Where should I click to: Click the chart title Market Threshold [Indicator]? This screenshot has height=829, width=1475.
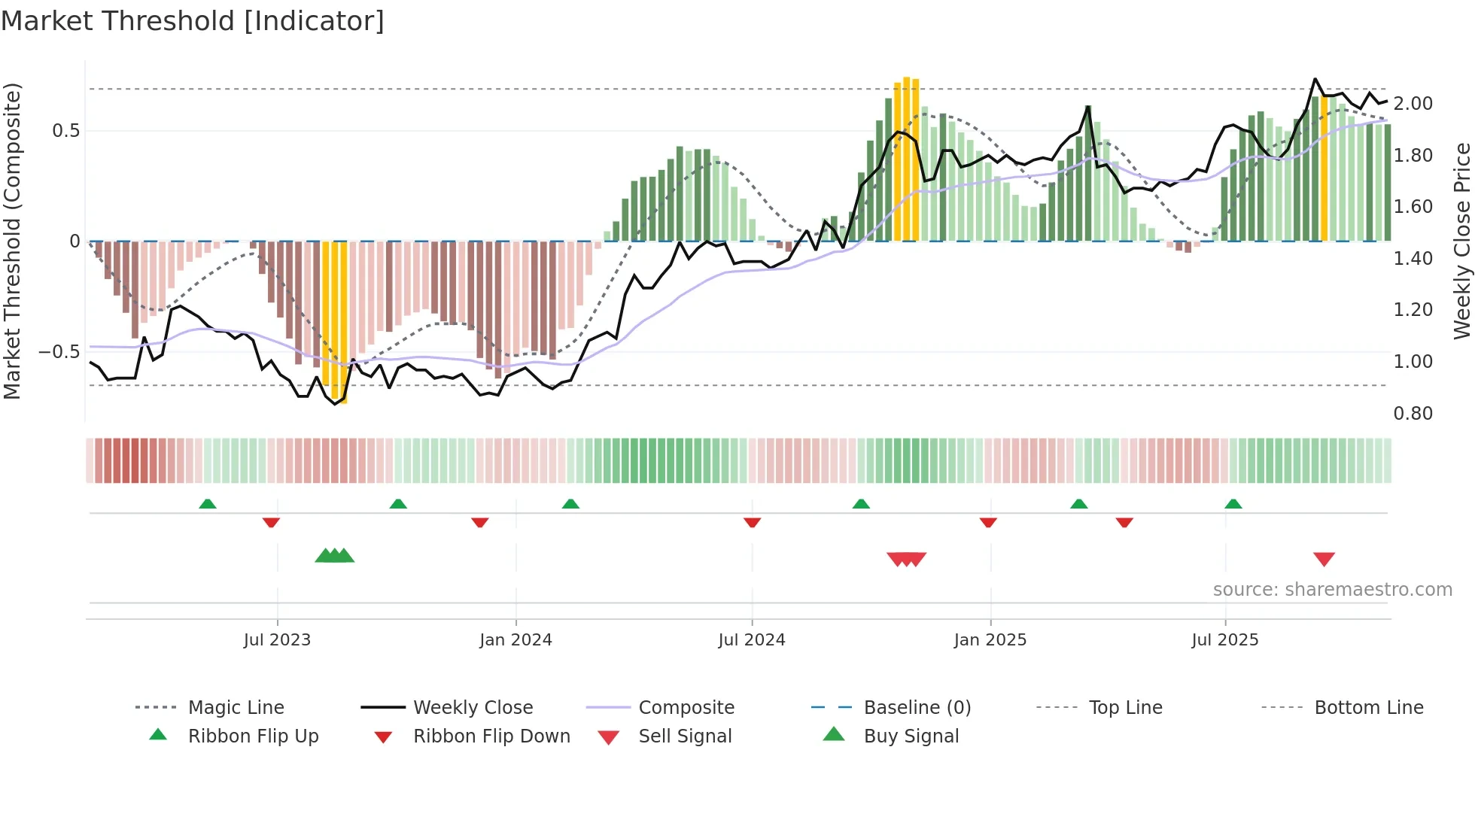tap(193, 21)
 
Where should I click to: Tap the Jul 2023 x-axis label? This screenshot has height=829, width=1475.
tap(277, 640)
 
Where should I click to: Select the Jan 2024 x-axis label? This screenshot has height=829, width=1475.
tap(515, 640)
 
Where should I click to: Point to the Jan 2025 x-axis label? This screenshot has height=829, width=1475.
tap(990, 640)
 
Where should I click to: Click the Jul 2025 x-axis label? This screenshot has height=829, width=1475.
tap(1224, 640)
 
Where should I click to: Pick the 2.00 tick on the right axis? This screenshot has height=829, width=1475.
tap(1413, 104)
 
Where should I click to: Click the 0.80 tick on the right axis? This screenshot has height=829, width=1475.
tap(1413, 414)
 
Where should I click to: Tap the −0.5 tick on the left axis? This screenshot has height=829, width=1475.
tap(59, 352)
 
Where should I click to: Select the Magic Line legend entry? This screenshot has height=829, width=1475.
tap(236, 708)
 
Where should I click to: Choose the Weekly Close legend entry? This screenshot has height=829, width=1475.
tap(473, 708)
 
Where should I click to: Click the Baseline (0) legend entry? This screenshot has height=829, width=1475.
tap(917, 708)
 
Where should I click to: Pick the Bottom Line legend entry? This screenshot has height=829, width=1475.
tap(1368, 708)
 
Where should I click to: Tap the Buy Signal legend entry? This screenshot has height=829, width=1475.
tap(911, 736)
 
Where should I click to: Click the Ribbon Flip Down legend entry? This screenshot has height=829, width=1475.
tap(491, 736)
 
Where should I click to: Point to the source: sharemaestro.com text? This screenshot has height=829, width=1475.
tap(1332, 590)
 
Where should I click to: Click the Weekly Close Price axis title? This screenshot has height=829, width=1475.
tap(1461, 241)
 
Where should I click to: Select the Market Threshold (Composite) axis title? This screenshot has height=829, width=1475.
tap(12, 241)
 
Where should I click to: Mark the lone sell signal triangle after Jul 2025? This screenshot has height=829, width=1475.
tap(1324, 559)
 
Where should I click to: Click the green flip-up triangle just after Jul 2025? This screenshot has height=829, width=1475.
tap(1233, 504)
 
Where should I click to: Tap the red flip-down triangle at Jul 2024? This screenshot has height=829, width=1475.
tap(752, 522)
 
